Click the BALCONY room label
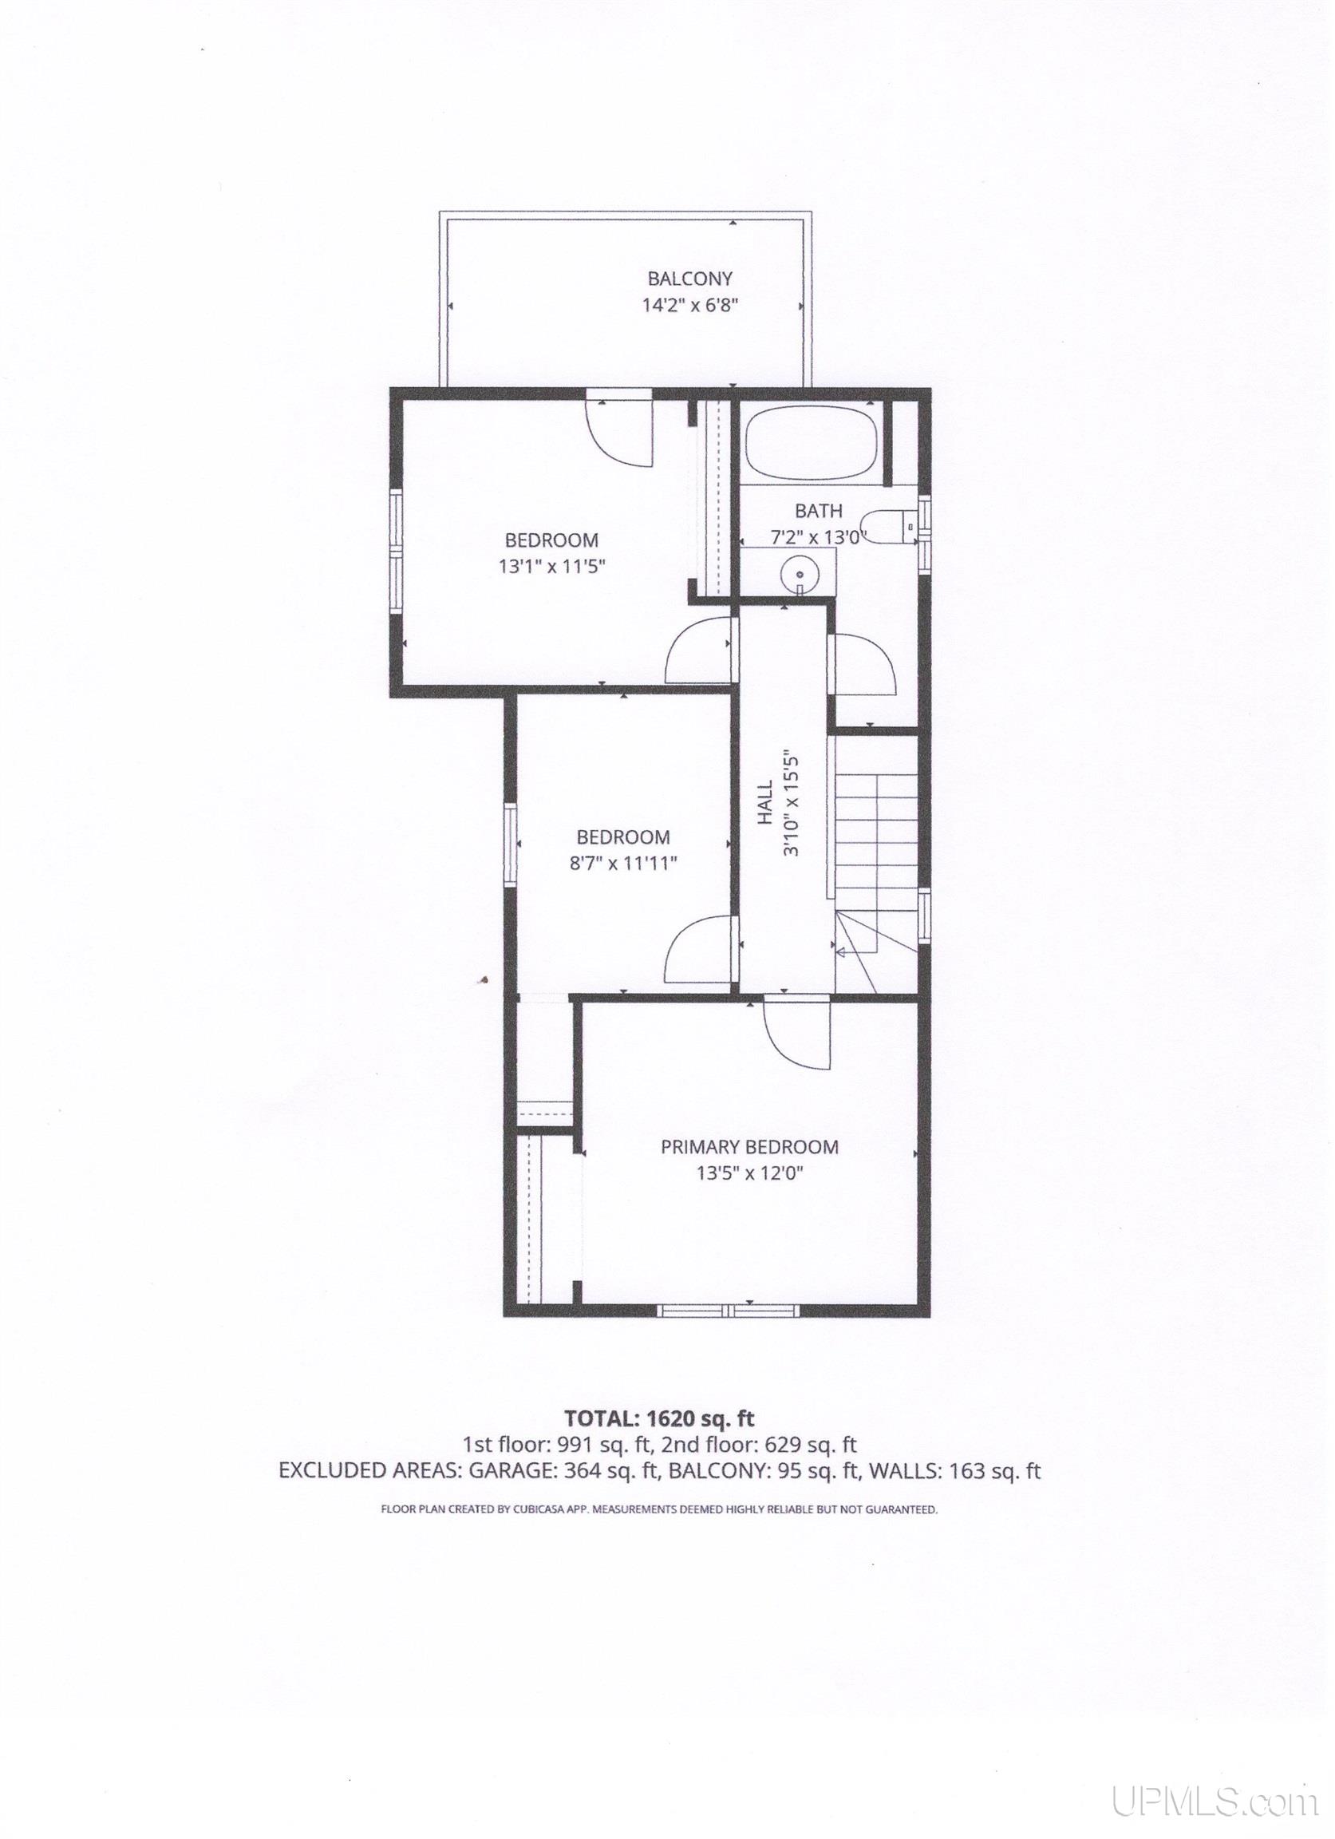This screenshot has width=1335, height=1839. [x=689, y=279]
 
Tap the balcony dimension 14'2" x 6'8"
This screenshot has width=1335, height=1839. [x=689, y=306]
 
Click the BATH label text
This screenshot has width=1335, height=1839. [x=818, y=511]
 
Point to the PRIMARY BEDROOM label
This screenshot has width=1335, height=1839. [x=750, y=1146]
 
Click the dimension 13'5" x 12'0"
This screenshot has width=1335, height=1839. [x=750, y=1173]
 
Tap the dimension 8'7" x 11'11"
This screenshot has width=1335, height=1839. [x=622, y=863]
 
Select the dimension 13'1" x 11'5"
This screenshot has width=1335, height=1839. [x=552, y=566]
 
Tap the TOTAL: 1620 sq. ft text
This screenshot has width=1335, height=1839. [x=659, y=1418]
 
